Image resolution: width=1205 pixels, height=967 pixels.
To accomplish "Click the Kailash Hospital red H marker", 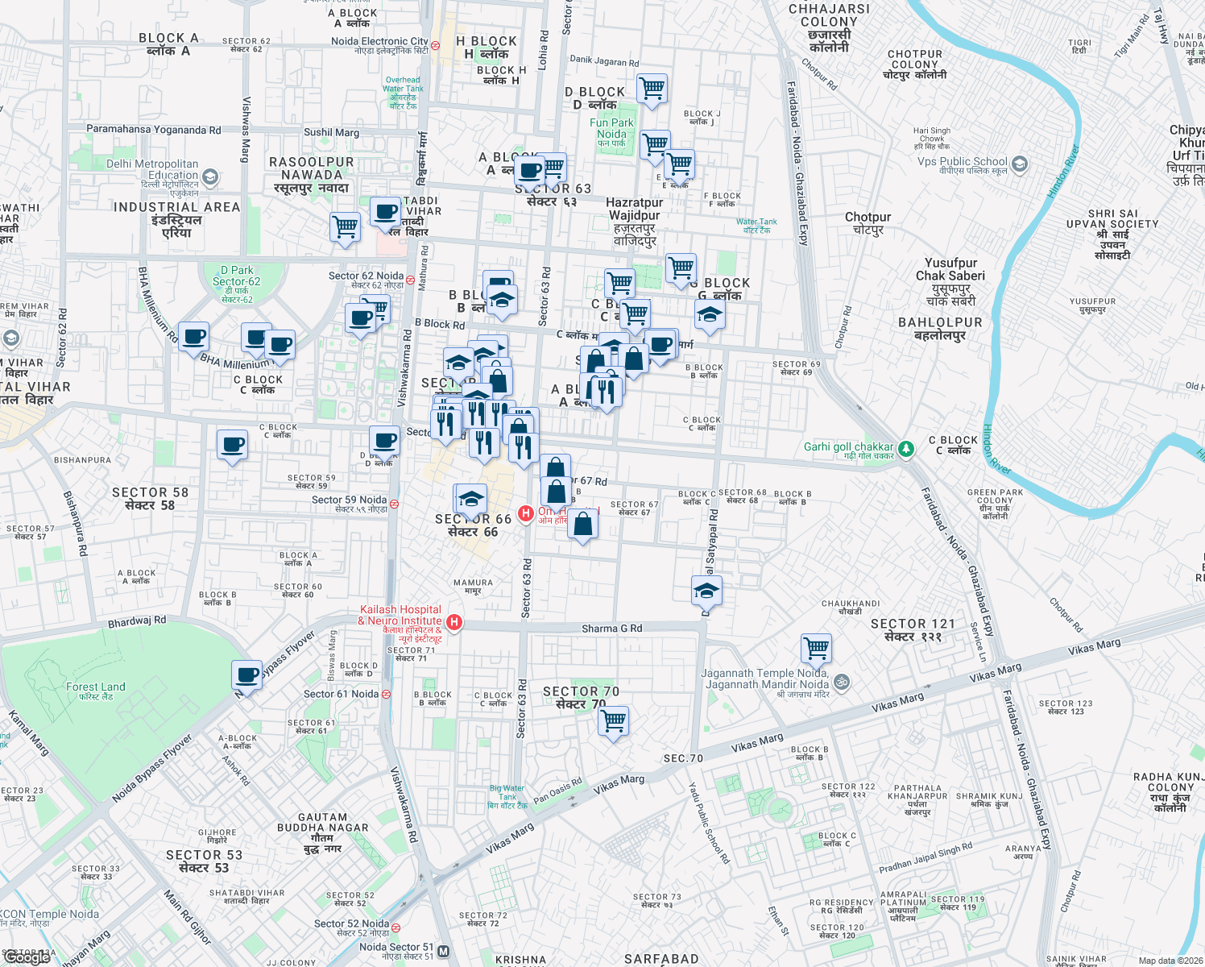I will [x=454, y=622].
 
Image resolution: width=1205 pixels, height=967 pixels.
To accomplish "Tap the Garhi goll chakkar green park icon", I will [x=906, y=448].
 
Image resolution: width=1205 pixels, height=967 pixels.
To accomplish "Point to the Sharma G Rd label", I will [x=612, y=629].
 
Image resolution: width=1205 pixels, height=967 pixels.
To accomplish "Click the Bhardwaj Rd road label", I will [x=137, y=621].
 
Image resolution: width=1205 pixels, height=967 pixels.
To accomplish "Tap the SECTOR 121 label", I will [x=912, y=625].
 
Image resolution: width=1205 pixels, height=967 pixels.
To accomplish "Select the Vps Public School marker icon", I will [x=1019, y=164].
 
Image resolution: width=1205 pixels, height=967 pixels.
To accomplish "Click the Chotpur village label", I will [x=868, y=218].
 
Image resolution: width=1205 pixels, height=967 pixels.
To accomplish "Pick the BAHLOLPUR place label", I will [x=940, y=322].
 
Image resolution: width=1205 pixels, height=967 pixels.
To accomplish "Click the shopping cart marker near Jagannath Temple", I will [x=816, y=648].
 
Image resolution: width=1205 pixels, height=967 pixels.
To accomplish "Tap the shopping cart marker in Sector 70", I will [x=614, y=720].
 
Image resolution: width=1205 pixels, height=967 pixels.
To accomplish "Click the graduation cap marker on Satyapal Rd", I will [x=706, y=591].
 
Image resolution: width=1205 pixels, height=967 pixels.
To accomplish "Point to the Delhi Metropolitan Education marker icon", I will [x=210, y=176].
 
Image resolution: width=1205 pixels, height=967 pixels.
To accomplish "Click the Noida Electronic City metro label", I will [x=379, y=42].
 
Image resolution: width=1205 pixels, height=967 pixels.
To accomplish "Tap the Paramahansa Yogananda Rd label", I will [x=153, y=130].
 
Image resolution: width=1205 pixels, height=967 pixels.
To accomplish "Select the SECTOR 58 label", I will [x=150, y=492].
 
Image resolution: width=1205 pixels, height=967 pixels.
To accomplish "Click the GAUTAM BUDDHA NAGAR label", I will [x=322, y=823].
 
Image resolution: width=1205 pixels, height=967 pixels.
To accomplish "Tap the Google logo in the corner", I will [x=27, y=957].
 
